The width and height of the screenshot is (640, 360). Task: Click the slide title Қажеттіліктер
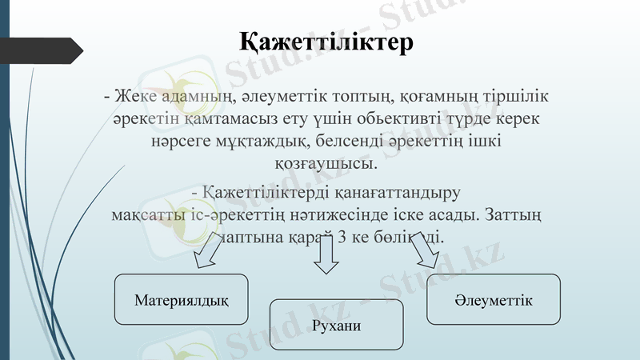(x=326, y=42)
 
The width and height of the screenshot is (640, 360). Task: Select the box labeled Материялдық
(x=182, y=300)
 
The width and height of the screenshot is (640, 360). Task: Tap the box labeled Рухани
(x=336, y=325)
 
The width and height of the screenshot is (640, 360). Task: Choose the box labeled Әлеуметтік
(x=494, y=299)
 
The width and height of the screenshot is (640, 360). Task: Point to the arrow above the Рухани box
(x=326, y=255)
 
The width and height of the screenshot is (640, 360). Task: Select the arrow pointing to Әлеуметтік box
(x=425, y=254)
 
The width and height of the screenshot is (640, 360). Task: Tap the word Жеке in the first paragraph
(x=134, y=97)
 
